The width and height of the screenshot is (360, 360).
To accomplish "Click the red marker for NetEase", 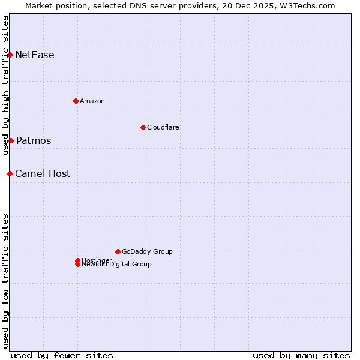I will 10,55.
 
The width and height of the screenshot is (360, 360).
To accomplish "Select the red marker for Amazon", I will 76,101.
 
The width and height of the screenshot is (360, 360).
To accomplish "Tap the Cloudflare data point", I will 143,127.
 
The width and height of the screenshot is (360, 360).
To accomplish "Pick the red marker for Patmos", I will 11,140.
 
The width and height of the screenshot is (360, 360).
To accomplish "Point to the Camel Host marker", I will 10,173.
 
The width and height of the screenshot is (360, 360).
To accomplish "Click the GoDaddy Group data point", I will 118,251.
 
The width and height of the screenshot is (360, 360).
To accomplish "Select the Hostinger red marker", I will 77,260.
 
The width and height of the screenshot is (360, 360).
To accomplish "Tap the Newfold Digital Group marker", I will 77,265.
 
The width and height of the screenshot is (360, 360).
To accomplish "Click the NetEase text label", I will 35,55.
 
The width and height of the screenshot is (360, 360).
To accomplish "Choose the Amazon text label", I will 92,101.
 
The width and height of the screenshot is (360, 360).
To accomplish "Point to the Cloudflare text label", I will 163,127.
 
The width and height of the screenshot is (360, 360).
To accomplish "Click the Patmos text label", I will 34,141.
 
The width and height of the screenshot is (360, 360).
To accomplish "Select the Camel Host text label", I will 43,174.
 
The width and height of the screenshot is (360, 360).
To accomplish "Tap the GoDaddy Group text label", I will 147,251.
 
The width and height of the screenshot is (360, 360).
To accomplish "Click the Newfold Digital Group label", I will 116,265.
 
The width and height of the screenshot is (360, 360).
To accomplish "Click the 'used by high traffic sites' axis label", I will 5,85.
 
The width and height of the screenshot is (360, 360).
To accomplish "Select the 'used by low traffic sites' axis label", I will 5,280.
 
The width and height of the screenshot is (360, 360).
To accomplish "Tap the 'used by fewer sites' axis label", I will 62,355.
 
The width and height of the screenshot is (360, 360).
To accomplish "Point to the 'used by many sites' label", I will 301,355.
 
